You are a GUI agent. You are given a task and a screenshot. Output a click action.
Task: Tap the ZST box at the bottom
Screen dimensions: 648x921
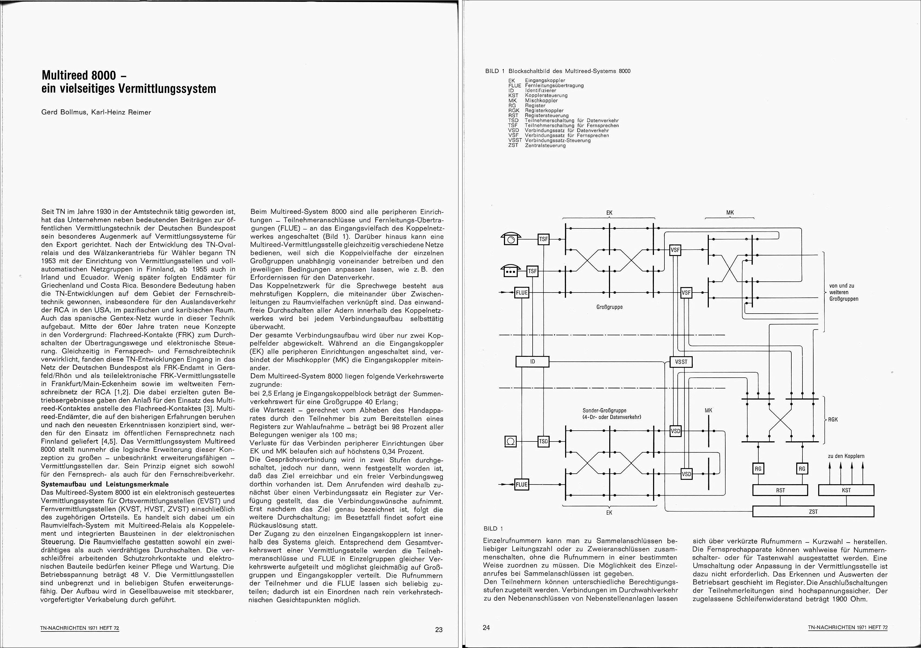(813, 512)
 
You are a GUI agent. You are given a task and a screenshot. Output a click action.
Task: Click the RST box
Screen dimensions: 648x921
(780, 490)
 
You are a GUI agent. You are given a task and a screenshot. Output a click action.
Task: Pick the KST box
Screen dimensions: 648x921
(846, 490)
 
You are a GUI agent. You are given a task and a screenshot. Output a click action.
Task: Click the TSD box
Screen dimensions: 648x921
(543, 442)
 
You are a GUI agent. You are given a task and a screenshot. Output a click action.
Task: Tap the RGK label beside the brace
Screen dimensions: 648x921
(833, 420)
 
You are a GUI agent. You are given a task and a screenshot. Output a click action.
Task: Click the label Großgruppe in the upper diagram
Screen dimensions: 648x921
(609, 307)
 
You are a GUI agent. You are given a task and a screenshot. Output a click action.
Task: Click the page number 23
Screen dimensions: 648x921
(439, 630)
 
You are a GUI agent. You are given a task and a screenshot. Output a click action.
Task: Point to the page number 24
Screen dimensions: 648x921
(486, 627)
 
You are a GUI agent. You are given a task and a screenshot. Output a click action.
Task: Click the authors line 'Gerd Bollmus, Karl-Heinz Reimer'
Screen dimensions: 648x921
(96, 112)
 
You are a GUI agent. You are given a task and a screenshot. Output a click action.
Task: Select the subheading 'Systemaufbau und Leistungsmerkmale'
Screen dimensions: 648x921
(105, 484)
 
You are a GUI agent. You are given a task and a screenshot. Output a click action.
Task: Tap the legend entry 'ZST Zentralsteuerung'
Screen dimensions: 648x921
(537, 145)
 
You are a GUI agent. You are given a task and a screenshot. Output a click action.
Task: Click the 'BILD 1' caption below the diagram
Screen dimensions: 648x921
(493, 529)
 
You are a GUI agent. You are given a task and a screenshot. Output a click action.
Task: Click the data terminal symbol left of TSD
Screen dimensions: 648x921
(511, 442)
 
